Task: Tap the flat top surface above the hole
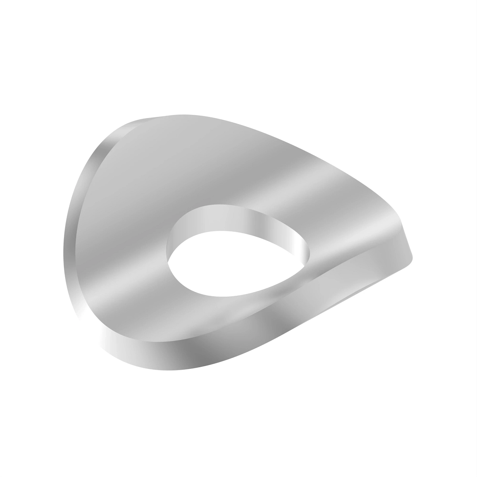[223, 167]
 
